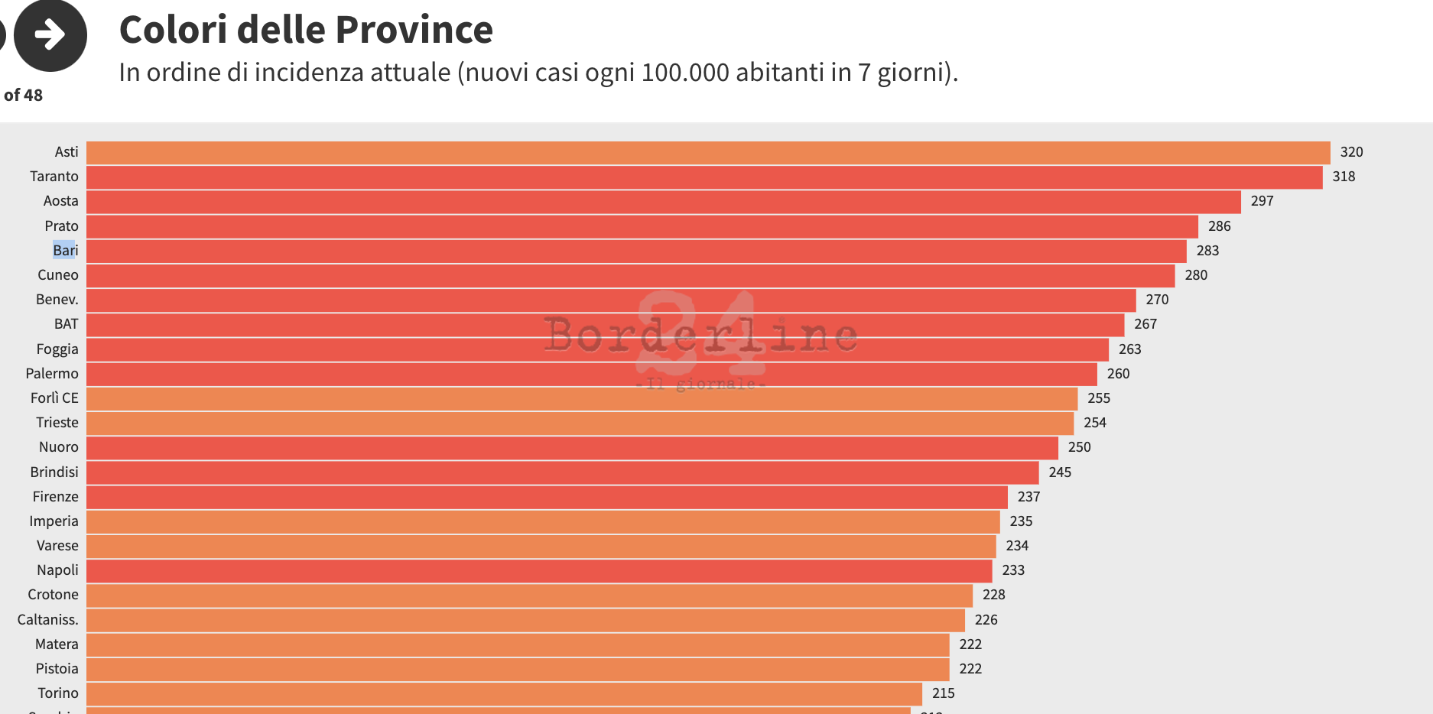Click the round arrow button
coord(50,35)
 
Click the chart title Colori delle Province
coord(306,31)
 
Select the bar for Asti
coord(708,153)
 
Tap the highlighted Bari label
coord(65,251)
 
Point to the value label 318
coord(1344,177)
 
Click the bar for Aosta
coord(664,202)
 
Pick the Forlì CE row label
coord(54,398)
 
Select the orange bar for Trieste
coord(580,423)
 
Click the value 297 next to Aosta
coord(1262,201)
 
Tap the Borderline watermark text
coord(700,335)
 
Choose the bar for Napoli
coord(539,570)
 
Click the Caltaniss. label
coord(47,620)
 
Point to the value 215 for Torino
coord(943,693)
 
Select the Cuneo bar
coord(630,275)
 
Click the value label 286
coord(1219,226)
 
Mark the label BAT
coord(66,324)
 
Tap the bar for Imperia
coord(543,521)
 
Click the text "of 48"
coord(23,96)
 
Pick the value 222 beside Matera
coord(970,644)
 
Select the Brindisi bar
coord(562,472)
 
